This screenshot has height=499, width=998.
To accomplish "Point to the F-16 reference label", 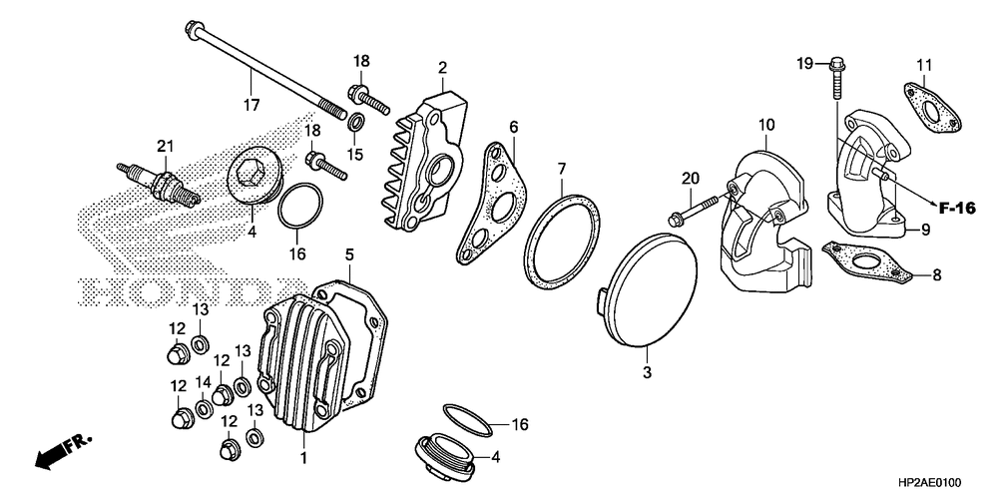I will coord(957,207).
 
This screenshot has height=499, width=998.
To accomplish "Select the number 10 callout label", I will coord(765,125).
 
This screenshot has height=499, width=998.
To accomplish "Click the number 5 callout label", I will coord(350,254).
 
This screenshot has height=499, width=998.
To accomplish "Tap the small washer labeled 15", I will coord(355,123).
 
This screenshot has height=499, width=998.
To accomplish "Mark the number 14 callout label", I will coord(204,382).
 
